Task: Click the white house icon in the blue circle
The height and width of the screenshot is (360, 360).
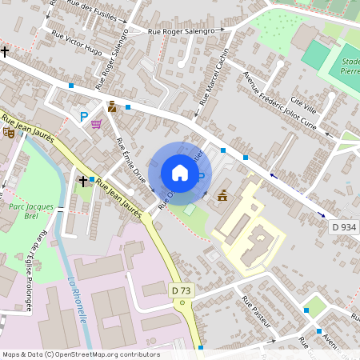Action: [180, 172]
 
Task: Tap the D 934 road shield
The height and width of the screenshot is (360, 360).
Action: [343, 228]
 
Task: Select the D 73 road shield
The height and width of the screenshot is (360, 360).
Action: [181, 290]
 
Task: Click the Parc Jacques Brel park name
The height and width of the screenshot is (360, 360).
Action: [31, 211]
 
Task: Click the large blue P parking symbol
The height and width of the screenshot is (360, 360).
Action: [83, 117]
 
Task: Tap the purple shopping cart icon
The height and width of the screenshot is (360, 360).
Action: [97, 124]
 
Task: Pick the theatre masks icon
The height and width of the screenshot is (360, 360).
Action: [9, 131]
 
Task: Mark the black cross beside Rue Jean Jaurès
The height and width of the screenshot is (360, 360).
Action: [82, 182]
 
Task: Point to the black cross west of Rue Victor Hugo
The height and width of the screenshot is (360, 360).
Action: [5, 52]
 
